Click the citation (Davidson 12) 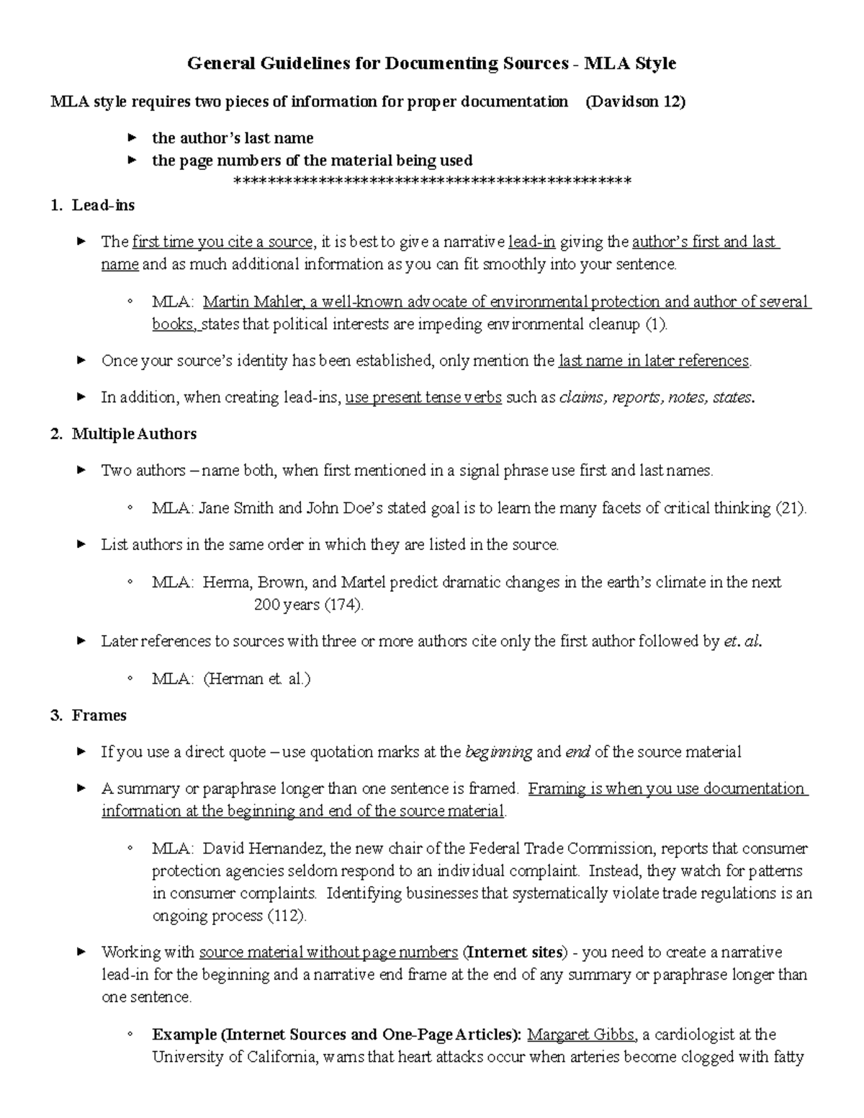pyautogui.click(x=635, y=102)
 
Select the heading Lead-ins pyautogui.click(x=103, y=205)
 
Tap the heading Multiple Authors pyautogui.click(x=134, y=434)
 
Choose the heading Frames pyautogui.click(x=99, y=716)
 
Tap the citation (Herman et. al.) pyautogui.click(x=257, y=679)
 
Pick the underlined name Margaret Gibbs pyautogui.click(x=581, y=1035)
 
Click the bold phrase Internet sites pyautogui.click(x=514, y=952)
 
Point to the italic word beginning pyautogui.click(x=499, y=753)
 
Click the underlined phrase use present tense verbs pyautogui.click(x=423, y=397)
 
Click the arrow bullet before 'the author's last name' pyautogui.click(x=132, y=138)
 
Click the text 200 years pyautogui.click(x=287, y=605)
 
